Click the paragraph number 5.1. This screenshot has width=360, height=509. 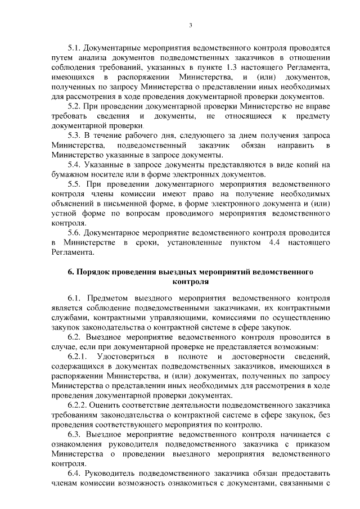point(75,49)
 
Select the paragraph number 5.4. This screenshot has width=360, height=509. point(75,164)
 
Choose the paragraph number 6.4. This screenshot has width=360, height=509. point(75,474)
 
